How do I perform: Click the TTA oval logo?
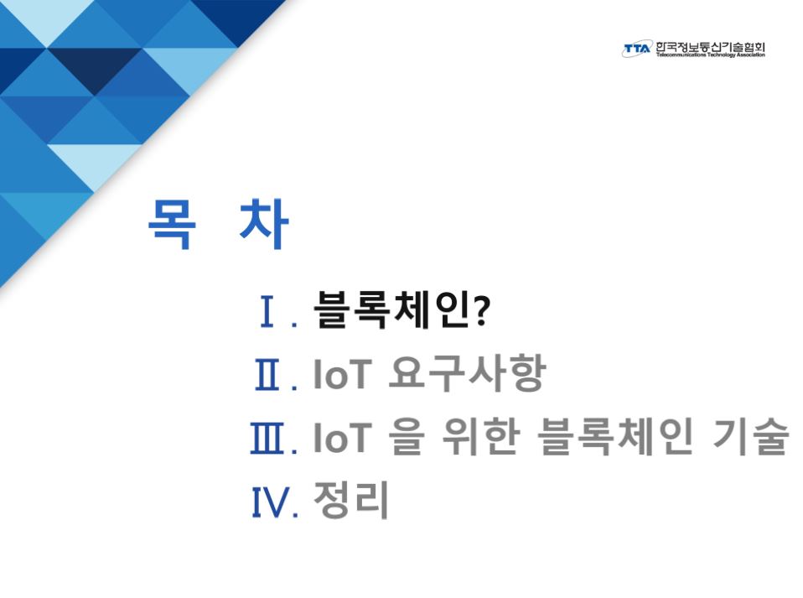(x=638, y=49)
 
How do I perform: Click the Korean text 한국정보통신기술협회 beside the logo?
(x=710, y=46)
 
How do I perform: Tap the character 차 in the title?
(x=264, y=224)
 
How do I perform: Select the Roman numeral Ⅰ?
(x=267, y=311)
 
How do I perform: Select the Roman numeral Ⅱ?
(x=267, y=375)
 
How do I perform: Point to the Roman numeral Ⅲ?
(x=267, y=438)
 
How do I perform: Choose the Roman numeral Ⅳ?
(x=270, y=502)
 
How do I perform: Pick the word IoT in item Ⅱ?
(x=342, y=374)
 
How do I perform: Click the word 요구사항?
(x=467, y=372)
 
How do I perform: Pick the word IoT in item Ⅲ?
(x=342, y=437)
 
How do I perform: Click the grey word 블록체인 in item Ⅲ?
(x=615, y=436)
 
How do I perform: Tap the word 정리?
(x=351, y=499)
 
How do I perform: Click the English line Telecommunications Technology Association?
(x=710, y=55)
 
